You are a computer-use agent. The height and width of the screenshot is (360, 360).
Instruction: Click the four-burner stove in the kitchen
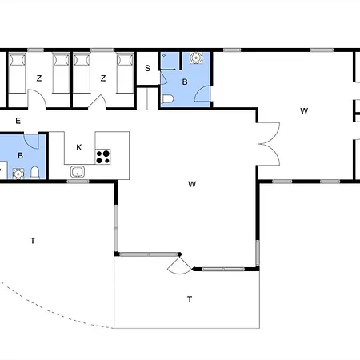pyautogui.click(x=103, y=157)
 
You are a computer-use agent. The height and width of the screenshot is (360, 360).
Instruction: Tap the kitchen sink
pyautogui.click(x=78, y=172)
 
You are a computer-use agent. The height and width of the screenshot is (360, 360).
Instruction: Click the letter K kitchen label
pyautogui.click(x=79, y=147)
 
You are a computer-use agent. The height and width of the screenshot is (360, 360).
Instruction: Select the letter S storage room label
pyautogui.click(x=147, y=68)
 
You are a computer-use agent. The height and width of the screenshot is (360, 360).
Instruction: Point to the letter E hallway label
pyautogui.click(x=18, y=121)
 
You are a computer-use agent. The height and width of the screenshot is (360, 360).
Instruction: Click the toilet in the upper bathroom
pyautogui.click(x=168, y=98)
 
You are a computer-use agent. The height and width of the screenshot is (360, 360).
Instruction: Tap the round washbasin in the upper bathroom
pyautogui.click(x=196, y=58)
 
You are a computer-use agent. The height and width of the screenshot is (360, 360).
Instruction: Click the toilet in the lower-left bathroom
pyautogui.click(x=34, y=173)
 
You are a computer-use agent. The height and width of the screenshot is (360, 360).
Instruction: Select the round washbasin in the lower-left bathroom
pyautogui.click(x=18, y=174)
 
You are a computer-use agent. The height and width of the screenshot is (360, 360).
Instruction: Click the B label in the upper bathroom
pyautogui.click(x=185, y=82)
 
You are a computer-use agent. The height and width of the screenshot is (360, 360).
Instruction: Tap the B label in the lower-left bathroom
pyautogui.click(x=20, y=155)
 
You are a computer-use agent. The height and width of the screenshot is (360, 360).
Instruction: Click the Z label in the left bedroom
pyautogui.click(x=39, y=78)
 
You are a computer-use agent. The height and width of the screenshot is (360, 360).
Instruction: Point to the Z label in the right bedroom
pyautogui.click(x=103, y=78)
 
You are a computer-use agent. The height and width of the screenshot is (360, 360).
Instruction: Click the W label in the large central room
pyautogui.click(x=192, y=184)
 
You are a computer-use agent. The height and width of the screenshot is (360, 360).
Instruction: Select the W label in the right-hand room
pyautogui.click(x=304, y=111)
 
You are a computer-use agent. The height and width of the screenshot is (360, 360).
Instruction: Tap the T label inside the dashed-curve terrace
pyautogui.click(x=33, y=241)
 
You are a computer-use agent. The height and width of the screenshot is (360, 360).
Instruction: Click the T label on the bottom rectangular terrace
pyautogui.click(x=190, y=299)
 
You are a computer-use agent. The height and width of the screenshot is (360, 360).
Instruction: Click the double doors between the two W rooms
pyautogui.click(x=270, y=144)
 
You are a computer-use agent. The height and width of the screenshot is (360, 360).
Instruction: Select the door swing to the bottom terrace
pyautogui.click(x=179, y=266)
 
